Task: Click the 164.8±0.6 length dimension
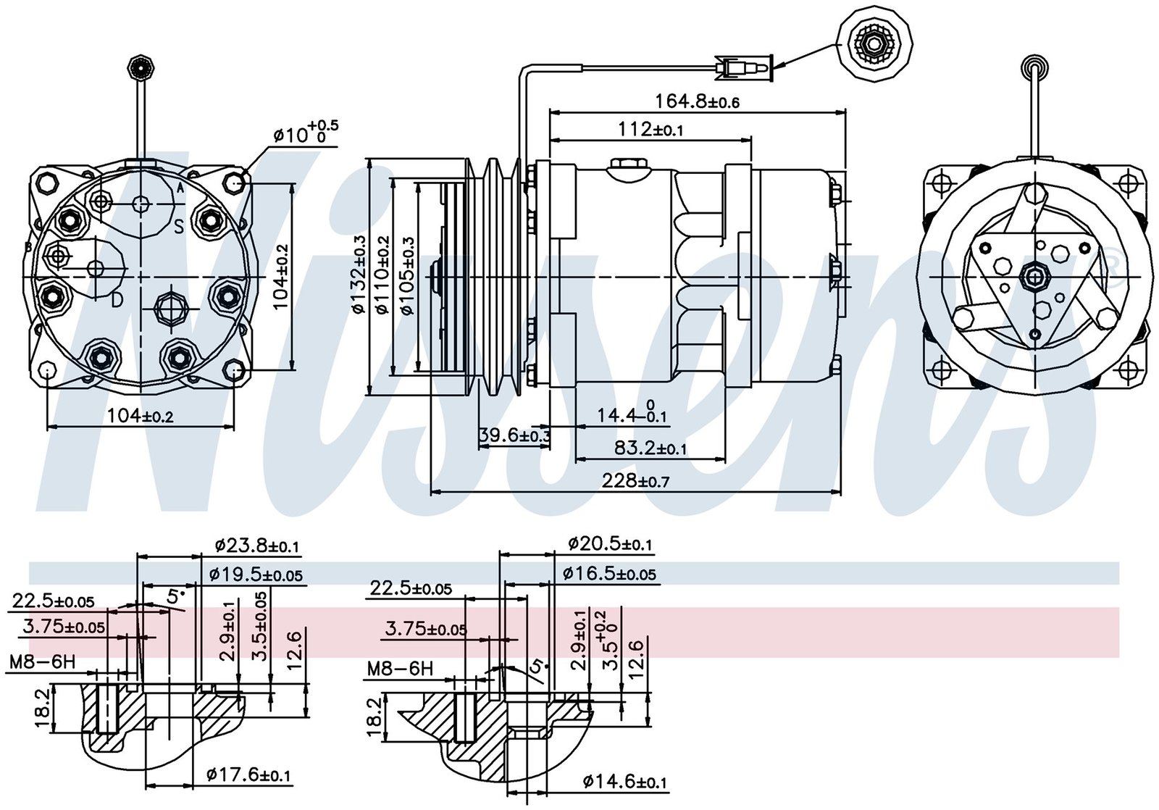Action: click(x=697, y=101)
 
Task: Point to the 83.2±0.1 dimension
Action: click(x=650, y=448)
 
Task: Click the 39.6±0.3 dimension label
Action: click(x=514, y=435)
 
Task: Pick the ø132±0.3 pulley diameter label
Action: click(x=359, y=275)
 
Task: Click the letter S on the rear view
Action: click(x=178, y=228)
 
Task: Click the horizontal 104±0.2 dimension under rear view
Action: click(x=141, y=415)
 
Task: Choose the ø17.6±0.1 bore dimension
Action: click(x=248, y=775)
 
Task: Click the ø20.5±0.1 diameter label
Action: click(x=610, y=543)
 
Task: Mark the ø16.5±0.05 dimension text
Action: click(x=609, y=574)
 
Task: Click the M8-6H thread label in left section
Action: click(x=42, y=661)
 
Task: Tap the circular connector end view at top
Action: click(x=874, y=45)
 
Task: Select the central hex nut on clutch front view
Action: click(x=1033, y=276)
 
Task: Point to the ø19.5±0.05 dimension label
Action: click(x=256, y=575)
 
